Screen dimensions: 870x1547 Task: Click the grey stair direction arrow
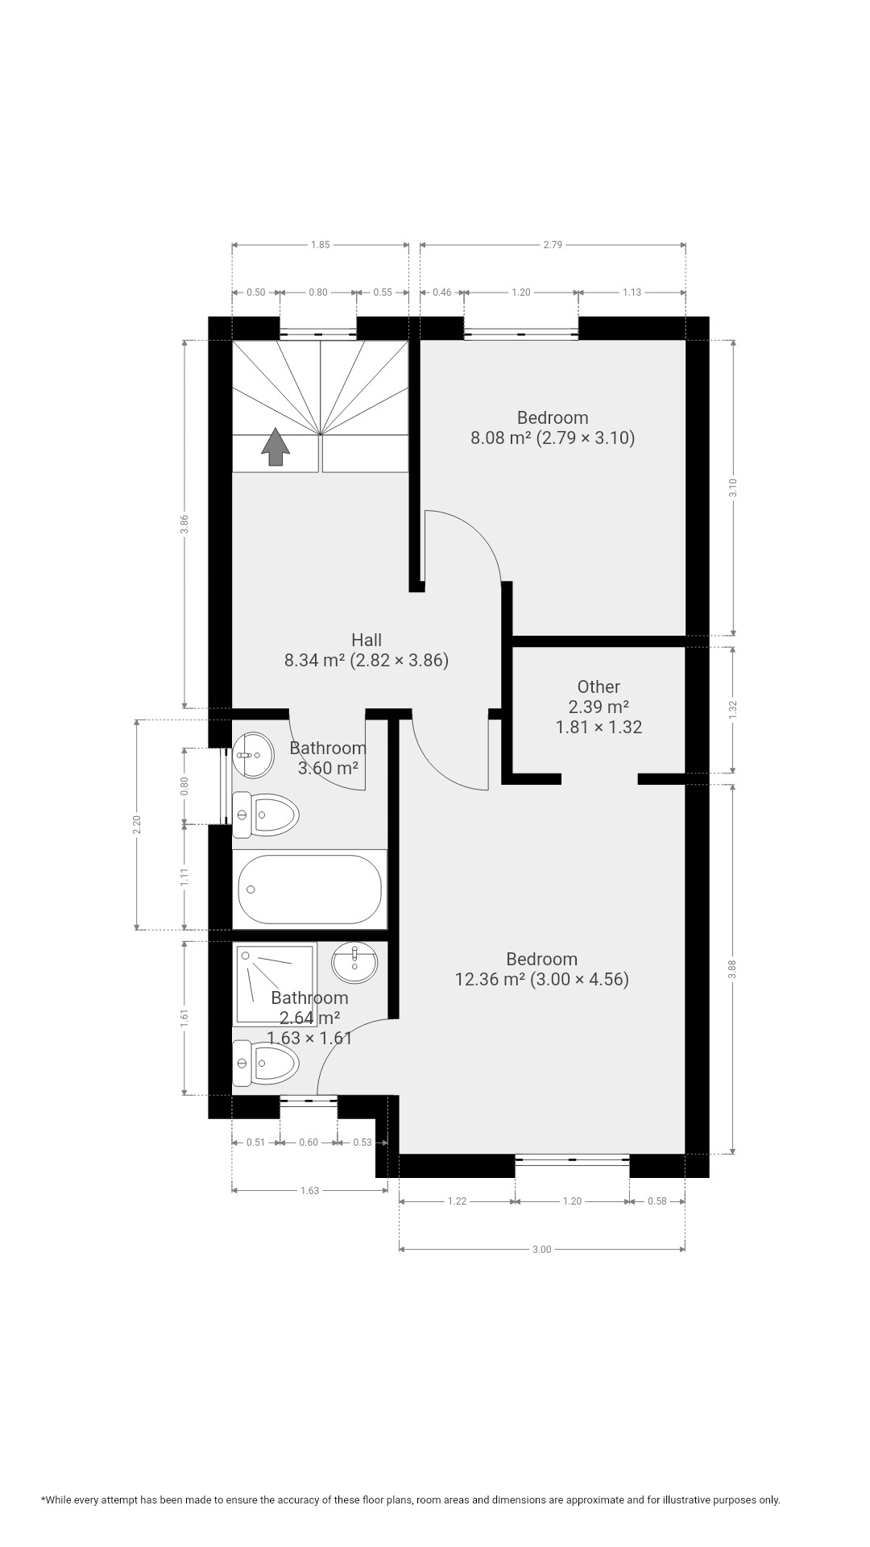point(275,446)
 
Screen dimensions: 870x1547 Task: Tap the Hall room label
point(367,640)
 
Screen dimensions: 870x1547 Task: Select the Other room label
point(599,686)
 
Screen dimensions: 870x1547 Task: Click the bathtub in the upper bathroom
point(309,889)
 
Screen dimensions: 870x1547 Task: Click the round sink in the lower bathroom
point(354,963)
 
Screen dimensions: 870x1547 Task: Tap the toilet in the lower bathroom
point(265,1064)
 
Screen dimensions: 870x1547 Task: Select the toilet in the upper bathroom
point(265,814)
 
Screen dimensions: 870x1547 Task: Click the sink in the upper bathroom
point(253,755)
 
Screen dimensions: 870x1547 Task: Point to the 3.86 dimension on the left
point(184,525)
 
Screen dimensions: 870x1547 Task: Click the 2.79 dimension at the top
point(553,245)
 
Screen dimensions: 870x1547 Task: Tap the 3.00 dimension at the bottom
point(542,1250)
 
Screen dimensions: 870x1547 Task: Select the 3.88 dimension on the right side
point(732,969)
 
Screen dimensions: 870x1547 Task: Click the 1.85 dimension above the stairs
point(320,245)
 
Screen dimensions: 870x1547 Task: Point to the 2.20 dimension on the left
point(137,824)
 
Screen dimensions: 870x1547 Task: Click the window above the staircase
point(318,334)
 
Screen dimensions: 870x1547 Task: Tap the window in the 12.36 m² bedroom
point(572,1159)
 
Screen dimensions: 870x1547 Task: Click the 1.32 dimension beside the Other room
point(732,709)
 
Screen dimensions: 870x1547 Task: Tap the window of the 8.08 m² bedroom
point(521,334)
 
